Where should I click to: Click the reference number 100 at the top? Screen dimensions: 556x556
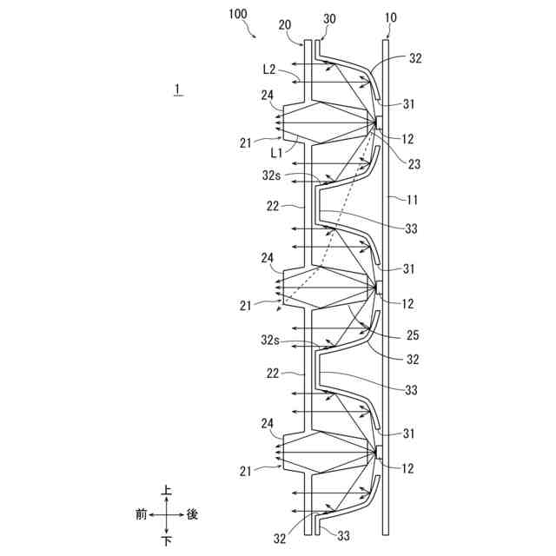[x=237, y=15]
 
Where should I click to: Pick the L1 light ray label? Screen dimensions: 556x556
[x=275, y=153]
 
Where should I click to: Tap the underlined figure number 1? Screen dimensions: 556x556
[x=177, y=89]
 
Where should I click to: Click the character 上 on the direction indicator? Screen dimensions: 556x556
[x=166, y=492]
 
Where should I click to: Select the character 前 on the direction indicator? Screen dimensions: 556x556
[x=141, y=514]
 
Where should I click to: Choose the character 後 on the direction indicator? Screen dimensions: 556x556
[x=192, y=514]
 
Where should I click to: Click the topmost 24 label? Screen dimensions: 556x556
[x=267, y=96]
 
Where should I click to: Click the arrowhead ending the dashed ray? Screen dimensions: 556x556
[x=275, y=308]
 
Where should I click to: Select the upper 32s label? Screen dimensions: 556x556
[x=272, y=175]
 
